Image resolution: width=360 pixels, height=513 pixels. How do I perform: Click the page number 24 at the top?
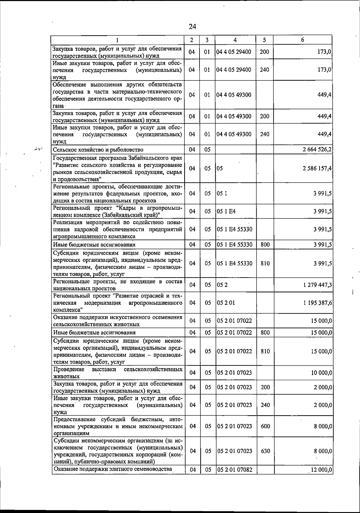click(192, 27)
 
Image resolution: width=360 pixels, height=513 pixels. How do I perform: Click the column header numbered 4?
click(235, 40)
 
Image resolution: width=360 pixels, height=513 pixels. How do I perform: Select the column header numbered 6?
click(303, 40)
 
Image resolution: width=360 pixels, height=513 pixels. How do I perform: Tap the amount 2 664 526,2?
click(317, 150)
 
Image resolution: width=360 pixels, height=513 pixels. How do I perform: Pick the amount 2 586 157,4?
click(317, 169)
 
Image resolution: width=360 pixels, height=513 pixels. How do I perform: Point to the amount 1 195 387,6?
click(318, 303)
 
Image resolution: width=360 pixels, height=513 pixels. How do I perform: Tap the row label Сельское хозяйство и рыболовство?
click(98, 150)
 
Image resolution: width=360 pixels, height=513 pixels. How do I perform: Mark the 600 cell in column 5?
click(265, 426)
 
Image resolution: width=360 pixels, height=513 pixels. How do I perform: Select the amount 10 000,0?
click(321, 373)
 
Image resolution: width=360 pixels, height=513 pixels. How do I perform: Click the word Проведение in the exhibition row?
click(69, 369)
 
